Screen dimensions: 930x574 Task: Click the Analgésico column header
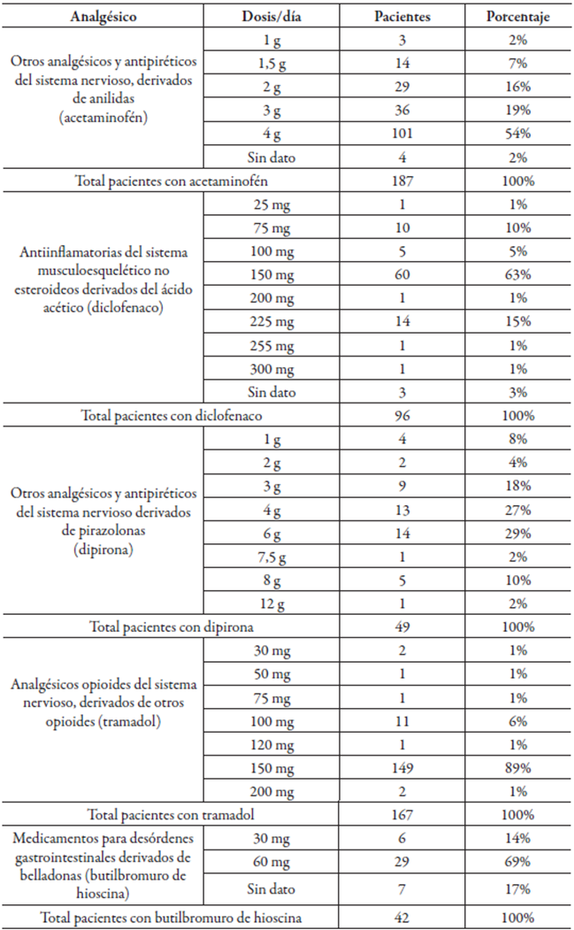103,17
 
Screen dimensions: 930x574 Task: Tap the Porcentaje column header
518,17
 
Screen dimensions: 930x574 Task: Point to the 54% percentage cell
518,134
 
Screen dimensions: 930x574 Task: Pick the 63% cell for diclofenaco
518,274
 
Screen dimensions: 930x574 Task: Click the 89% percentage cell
518,768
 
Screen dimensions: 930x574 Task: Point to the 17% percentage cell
518,888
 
